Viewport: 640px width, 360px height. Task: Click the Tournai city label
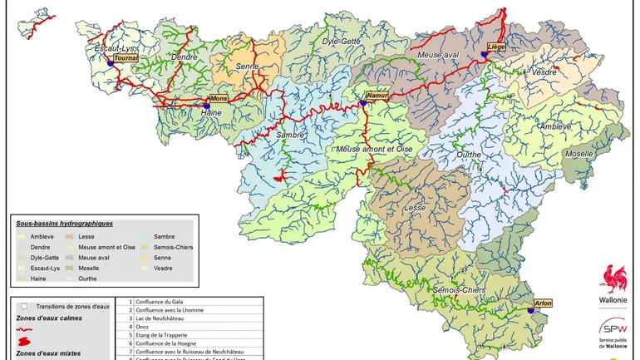(x=126, y=59)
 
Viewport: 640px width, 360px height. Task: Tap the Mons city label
(x=217, y=98)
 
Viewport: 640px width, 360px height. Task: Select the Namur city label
(x=378, y=96)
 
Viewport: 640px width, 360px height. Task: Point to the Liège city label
(x=497, y=47)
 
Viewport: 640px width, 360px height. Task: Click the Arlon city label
(x=544, y=303)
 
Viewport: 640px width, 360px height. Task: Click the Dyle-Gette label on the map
(x=341, y=40)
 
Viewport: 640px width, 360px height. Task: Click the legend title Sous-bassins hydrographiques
(x=64, y=224)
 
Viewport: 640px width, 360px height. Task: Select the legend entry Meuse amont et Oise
(x=106, y=247)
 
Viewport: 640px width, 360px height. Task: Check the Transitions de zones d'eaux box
(x=25, y=306)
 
